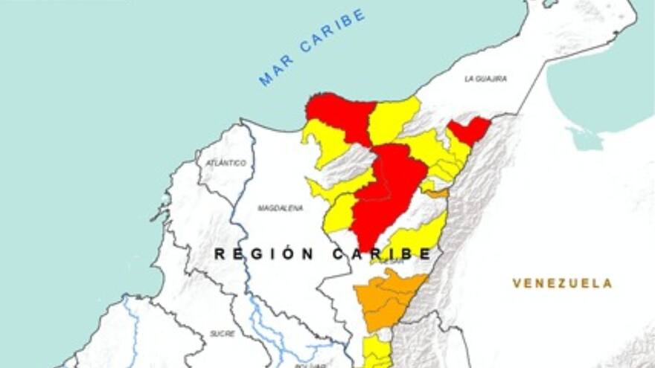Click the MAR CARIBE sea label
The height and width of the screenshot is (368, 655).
pos(313,47)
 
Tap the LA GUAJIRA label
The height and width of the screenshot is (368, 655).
pos(485,78)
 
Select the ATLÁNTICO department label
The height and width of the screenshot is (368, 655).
pos(226,162)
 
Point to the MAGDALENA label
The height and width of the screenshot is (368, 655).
pos(280,208)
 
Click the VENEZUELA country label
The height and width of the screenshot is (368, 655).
pos(562,283)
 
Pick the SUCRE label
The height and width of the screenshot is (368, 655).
pos(222,334)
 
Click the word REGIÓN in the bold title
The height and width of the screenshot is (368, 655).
pos(264,254)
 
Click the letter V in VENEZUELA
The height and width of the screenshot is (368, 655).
pos(517,283)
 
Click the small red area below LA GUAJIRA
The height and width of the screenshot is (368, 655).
pos(469,130)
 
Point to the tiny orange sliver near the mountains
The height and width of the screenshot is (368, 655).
pos(438,193)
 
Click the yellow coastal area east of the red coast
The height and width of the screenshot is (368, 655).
pos(393,117)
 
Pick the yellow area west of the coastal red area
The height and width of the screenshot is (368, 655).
pos(325,141)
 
